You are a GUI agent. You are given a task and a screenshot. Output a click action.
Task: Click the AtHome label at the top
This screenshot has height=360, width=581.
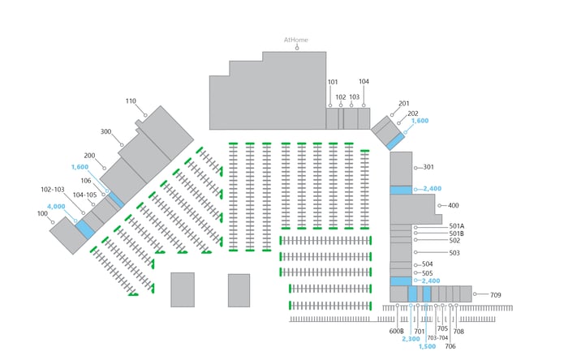point(295,40)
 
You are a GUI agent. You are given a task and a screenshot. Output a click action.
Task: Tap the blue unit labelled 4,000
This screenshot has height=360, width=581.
point(85,229)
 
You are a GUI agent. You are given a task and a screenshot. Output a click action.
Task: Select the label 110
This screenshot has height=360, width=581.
point(131,101)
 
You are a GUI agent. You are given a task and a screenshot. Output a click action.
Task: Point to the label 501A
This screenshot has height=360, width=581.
point(457,226)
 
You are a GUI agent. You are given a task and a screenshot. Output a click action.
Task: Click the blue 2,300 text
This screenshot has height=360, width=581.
point(411,339)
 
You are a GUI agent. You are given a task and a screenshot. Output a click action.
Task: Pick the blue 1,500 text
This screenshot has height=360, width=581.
point(427,347)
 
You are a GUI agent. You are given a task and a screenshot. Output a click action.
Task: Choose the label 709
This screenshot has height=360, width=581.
point(496,295)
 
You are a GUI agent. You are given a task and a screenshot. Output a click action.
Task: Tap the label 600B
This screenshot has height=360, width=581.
point(397,331)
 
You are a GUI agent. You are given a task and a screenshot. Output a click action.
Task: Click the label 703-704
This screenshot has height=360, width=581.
point(437,338)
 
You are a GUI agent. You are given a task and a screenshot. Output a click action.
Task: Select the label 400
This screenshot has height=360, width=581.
point(453,206)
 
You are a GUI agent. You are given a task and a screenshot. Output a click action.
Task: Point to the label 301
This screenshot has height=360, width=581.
point(428,167)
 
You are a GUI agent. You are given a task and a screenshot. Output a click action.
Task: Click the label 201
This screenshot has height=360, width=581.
point(404,104)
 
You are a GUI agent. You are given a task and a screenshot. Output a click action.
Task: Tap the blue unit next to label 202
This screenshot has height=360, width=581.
point(395,142)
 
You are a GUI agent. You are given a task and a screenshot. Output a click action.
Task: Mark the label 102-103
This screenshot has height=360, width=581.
point(53,190)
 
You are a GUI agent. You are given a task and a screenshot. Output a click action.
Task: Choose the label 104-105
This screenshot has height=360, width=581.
point(84,195)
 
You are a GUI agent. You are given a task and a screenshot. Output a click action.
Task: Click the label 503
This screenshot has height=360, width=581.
point(454,253)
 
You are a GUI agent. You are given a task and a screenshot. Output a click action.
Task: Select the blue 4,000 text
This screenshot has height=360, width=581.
point(56,207)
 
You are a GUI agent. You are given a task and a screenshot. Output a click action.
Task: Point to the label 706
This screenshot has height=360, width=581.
point(450,346)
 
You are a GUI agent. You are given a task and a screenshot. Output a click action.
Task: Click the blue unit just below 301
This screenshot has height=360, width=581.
point(401,190)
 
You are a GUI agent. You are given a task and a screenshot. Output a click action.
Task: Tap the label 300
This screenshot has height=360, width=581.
point(106,132)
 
